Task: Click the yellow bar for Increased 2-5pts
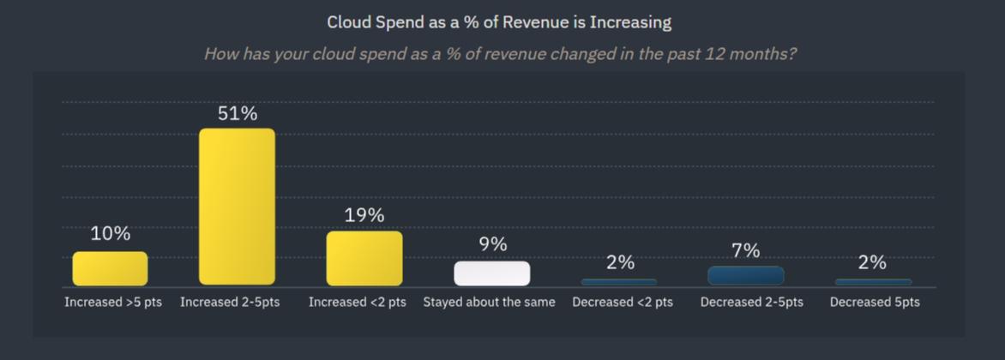237,207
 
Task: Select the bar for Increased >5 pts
110,268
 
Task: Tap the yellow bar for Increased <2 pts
364,258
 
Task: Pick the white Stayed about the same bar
492,273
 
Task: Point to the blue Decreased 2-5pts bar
746,275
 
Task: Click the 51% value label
238,113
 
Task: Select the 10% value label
111,233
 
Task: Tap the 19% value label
364,215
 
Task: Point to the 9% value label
493,244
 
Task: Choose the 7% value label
746,250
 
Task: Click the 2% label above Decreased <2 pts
620,262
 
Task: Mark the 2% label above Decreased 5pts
872,262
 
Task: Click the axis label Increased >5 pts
113,303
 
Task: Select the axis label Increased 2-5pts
230,303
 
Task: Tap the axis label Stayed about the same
489,303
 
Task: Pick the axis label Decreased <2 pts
623,303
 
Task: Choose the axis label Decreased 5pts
875,303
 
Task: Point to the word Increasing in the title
630,22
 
